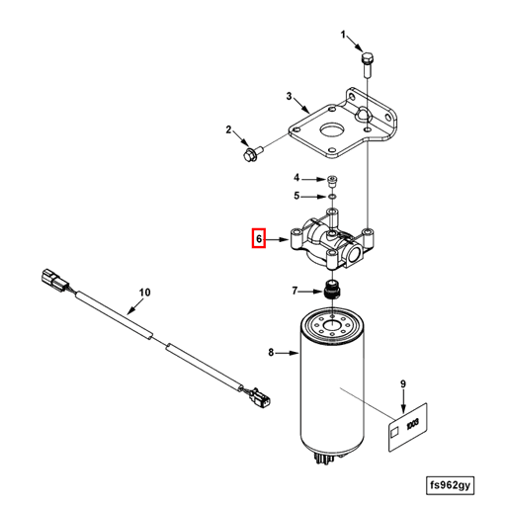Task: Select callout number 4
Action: (x=295, y=178)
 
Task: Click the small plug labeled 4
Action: (x=333, y=182)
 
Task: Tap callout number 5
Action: (x=295, y=197)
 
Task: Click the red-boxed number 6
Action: (x=258, y=238)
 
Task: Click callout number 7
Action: (x=294, y=291)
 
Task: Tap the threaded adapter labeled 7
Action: (x=332, y=291)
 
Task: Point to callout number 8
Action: (x=271, y=352)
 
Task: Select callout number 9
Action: (x=403, y=383)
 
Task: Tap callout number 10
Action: (x=144, y=292)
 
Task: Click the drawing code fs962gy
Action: (x=452, y=485)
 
